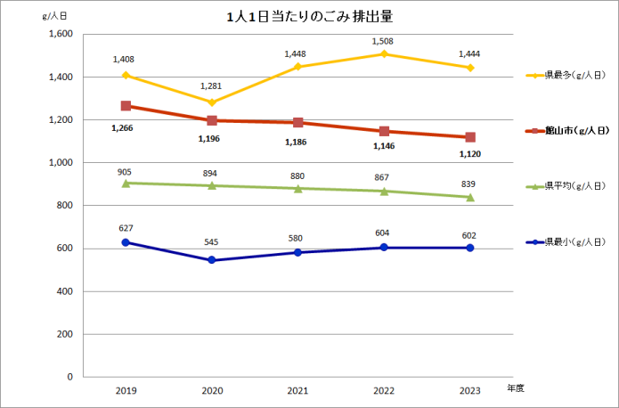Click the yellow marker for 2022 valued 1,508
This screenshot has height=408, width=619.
tap(384, 54)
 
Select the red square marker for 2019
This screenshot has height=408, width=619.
tap(126, 106)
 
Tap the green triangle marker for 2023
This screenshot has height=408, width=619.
tap(469, 197)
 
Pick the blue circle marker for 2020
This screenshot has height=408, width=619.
tap(211, 260)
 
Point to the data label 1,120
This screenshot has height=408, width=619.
tap(470, 153)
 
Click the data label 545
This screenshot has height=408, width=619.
tap(211, 241)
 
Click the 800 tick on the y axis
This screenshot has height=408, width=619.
tap(63, 206)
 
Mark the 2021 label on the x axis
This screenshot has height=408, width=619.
tap(297, 390)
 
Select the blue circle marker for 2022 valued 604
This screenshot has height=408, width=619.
tap(384, 248)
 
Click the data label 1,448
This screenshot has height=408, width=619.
tap(297, 53)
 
